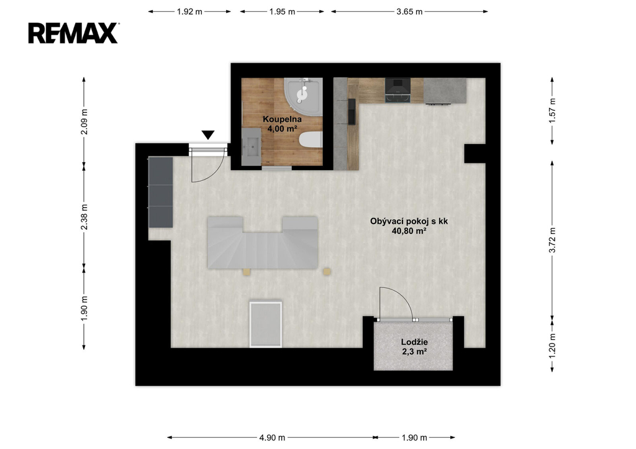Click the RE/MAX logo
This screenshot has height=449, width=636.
[x=73, y=33]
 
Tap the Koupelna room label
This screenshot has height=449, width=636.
[x=283, y=119]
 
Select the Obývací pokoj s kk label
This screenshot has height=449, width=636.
[x=409, y=221]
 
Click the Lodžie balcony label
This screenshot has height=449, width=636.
[x=414, y=342]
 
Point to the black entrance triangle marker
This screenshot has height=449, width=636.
[x=208, y=135]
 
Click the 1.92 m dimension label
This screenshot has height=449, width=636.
[x=189, y=12]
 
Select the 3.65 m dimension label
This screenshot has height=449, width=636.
[x=409, y=12]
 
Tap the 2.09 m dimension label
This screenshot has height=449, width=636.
[x=84, y=122]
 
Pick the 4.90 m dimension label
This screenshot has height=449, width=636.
[x=272, y=438]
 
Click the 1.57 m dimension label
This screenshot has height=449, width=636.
[x=552, y=111]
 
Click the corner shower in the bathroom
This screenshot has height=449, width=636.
[x=303, y=96]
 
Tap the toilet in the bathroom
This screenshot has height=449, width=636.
[x=311, y=140]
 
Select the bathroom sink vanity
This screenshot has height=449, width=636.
[x=251, y=147]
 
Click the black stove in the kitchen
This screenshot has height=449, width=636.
[x=398, y=90]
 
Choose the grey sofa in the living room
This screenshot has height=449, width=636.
[x=263, y=243]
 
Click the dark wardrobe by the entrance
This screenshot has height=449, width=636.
[x=161, y=193]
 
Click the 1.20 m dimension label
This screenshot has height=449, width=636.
[x=552, y=345]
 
